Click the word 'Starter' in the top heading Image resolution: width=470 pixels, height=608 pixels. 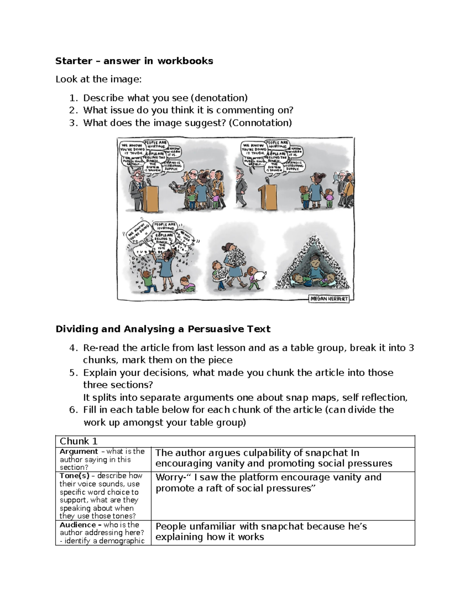(74, 61)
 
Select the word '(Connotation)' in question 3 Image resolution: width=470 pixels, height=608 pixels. (260, 123)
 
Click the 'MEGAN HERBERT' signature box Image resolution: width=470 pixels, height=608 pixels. (329, 298)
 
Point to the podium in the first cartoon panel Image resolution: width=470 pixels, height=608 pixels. (150, 197)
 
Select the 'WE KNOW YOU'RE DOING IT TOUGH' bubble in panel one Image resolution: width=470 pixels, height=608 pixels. (132, 149)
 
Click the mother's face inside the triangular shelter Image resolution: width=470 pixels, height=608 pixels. (316, 259)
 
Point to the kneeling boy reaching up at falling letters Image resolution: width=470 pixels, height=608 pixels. (148, 280)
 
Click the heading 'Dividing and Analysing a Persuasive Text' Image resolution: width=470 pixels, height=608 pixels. (163, 329)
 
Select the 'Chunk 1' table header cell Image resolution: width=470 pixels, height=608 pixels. (78, 441)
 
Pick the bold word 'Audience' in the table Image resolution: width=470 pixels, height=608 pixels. (78, 525)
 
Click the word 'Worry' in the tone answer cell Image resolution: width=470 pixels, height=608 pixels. (168, 477)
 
